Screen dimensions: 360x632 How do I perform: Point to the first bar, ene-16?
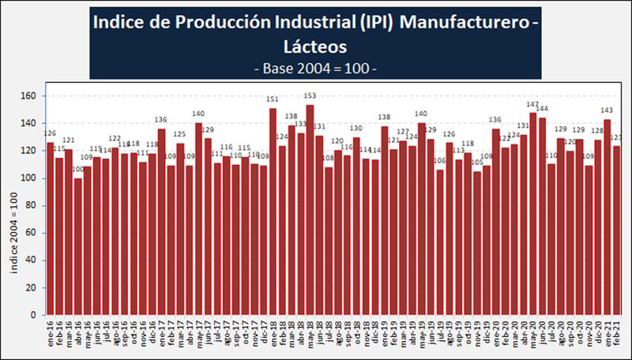(50, 229)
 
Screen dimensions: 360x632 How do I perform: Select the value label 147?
(532, 104)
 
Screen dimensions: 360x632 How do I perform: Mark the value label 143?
(607, 110)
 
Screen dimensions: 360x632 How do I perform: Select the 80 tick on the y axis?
(33, 205)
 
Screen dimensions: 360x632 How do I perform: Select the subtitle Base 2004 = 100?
(315, 68)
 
